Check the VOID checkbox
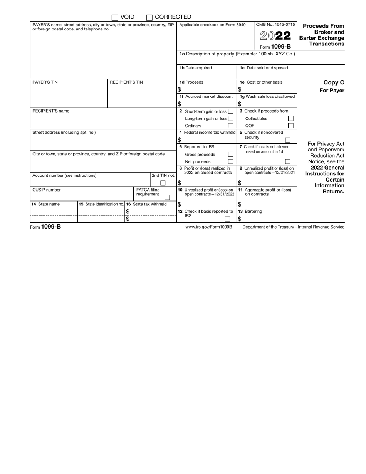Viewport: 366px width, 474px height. coord(115,17)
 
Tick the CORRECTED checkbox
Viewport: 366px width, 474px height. coord(149,17)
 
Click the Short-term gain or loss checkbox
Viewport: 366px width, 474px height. coord(230,111)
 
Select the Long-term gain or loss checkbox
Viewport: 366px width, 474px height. coord(230,119)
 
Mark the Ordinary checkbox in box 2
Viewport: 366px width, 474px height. coord(230,126)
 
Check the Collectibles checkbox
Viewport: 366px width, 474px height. coord(291,119)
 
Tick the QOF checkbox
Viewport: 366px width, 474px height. coord(291,126)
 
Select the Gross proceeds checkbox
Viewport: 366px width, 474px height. coord(230,154)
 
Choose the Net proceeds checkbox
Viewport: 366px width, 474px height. coord(230,161)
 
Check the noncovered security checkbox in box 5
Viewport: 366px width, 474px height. coord(287,140)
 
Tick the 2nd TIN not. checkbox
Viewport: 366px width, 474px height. coord(163,183)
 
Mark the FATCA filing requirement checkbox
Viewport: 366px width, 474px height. coord(167,197)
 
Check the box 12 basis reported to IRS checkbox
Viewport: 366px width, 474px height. coord(227,219)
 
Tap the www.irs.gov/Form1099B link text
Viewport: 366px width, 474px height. coord(209,227)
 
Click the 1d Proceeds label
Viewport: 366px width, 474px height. coord(191,82)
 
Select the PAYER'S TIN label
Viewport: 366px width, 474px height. coord(45,82)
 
